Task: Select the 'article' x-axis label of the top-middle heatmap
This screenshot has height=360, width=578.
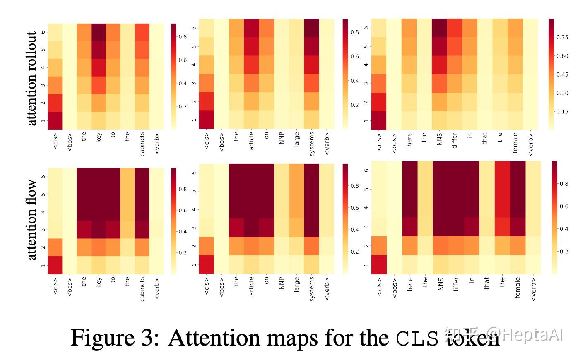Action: coord(251,141)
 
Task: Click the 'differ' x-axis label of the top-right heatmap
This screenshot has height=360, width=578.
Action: coord(455,141)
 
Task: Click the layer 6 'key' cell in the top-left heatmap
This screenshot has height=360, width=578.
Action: coord(99,32)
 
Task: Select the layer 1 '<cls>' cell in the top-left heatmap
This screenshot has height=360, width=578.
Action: coord(55,120)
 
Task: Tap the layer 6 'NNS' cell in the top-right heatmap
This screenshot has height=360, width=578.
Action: coord(440,28)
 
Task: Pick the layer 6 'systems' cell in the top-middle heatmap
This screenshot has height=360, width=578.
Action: coord(312,28)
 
